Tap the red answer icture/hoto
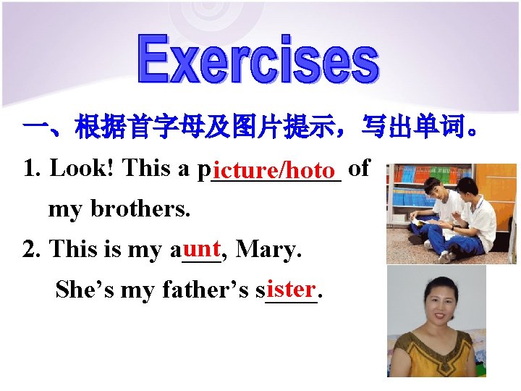pyautogui.click(x=276, y=171)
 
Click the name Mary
pyautogui.click(x=268, y=250)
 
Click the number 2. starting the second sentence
pyautogui.click(x=30, y=250)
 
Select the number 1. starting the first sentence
pyautogui.click(x=30, y=169)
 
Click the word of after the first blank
pyautogui.click(x=359, y=169)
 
